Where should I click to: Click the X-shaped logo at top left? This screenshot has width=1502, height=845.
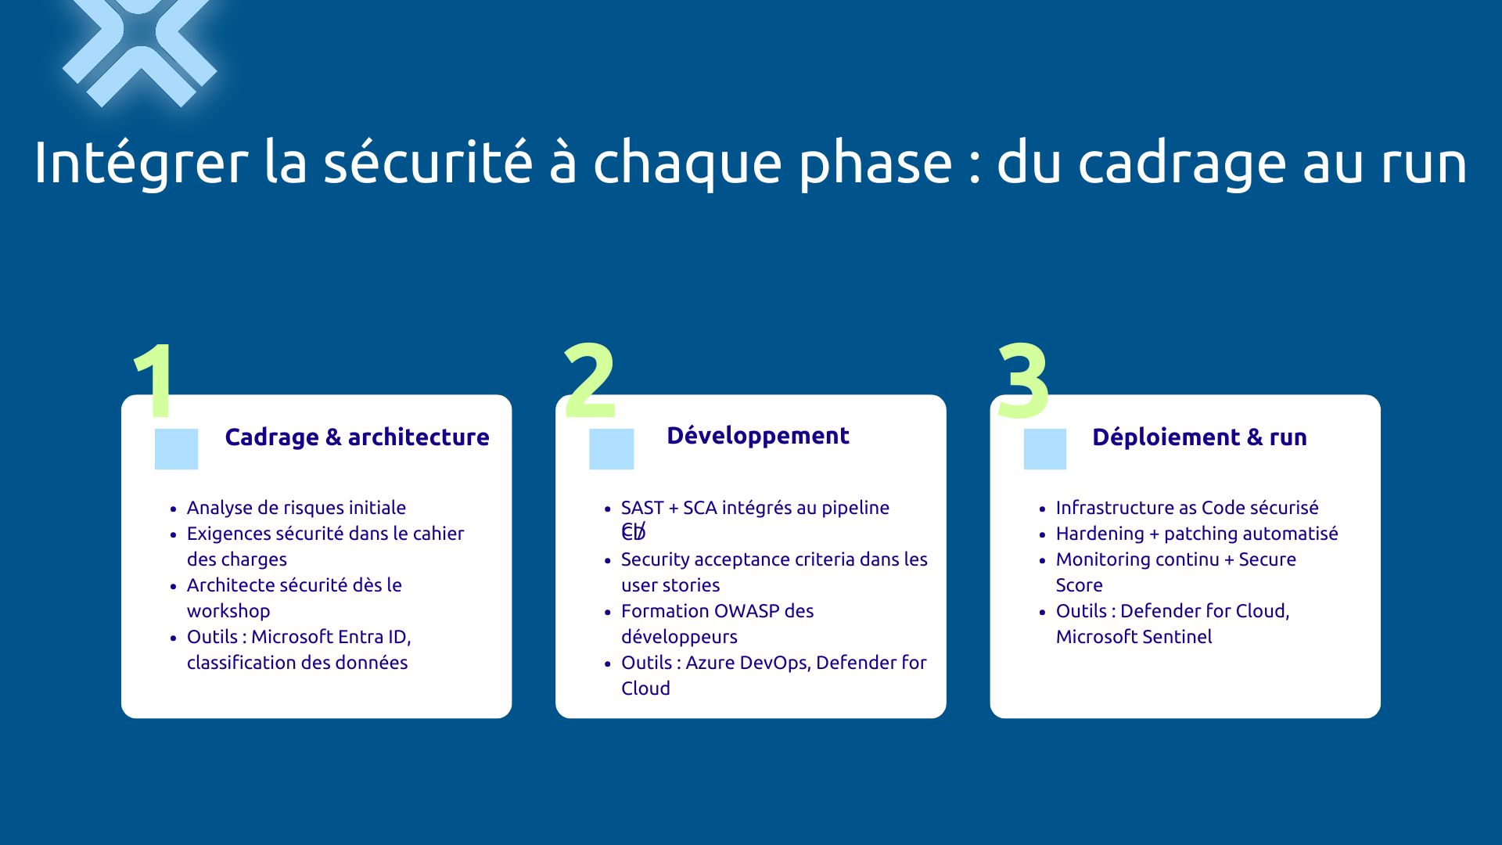[139, 47]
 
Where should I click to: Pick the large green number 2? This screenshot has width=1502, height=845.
[590, 381]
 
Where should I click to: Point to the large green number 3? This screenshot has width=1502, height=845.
[1023, 381]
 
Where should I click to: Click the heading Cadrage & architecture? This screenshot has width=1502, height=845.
[357, 437]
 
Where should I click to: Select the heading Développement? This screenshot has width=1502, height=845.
[757, 436]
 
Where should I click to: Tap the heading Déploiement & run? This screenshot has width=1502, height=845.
[1199, 437]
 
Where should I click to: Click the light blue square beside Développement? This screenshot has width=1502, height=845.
[611, 449]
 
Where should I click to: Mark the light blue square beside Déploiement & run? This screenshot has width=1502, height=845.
[1045, 449]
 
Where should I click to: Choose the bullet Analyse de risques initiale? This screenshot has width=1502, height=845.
[296, 508]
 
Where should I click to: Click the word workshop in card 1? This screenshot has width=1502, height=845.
[228, 611]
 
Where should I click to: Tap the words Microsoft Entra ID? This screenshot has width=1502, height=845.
[330, 637]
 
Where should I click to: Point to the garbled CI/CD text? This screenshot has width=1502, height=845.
[634, 533]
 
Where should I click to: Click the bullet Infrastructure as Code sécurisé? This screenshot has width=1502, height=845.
[1187, 508]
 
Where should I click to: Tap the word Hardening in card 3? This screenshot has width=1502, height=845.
[1099, 534]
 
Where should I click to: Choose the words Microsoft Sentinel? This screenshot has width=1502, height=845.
[1134, 637]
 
